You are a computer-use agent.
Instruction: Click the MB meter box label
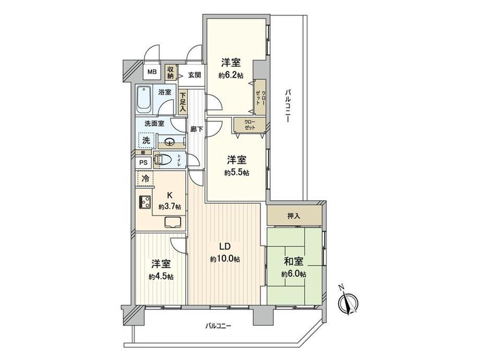coord(152,72)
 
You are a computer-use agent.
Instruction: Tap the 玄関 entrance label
coord(195,75)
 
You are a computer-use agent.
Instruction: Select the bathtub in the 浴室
coord(144,100)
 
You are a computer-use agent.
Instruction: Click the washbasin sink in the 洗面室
coord(170,141)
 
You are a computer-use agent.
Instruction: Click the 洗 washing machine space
coord(146,140)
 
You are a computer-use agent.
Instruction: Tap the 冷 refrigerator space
coord(146,178)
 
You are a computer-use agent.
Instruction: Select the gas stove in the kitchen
coord(145,202)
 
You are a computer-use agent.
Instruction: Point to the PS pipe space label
coord(143,163)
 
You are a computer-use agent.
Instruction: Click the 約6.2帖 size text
coord(231,75)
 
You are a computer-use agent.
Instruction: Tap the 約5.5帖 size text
coord(237,173)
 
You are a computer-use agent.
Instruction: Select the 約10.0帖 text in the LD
coord(225,259)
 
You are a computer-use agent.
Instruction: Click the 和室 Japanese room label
coord(294,261)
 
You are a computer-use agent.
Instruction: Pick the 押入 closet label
coord(294,216)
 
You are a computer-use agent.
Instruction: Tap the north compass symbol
coord(348,302)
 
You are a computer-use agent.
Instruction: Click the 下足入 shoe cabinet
coord(183,102)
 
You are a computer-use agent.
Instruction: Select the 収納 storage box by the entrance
coord(170,72)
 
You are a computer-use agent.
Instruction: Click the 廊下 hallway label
coord(197,129)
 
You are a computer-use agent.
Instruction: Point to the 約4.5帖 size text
coord(161,277)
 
